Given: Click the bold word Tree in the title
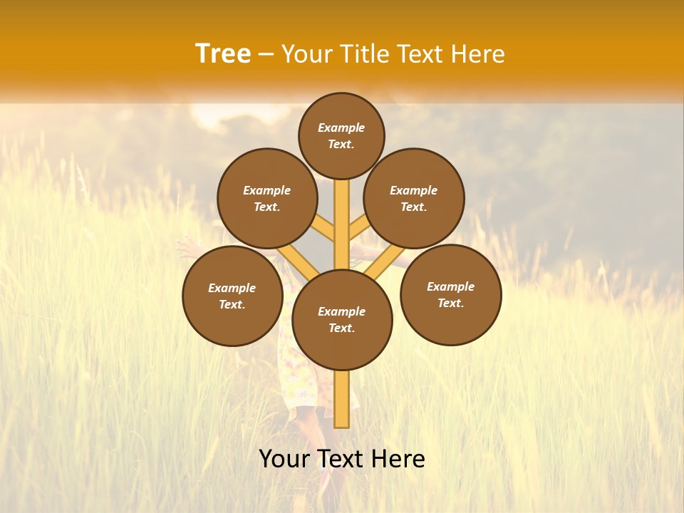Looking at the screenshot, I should (x=223, y=54).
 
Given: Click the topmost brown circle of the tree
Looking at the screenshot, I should (x=341, y=135).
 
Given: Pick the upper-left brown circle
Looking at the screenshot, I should (x=267, y=198).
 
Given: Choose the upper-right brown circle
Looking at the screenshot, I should (x=414, y=198).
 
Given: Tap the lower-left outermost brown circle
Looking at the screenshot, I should (x=232, y=296).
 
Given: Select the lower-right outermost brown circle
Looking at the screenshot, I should (x=451, y=294).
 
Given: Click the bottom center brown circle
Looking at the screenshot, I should (x=342, y=320).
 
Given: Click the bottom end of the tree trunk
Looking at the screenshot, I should (x=342, y=425).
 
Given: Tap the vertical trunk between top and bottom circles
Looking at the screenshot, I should (x=342, y=221).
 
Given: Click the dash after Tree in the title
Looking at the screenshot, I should (x=266, y=55).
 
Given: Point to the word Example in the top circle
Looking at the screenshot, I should (x=341, y=128).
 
